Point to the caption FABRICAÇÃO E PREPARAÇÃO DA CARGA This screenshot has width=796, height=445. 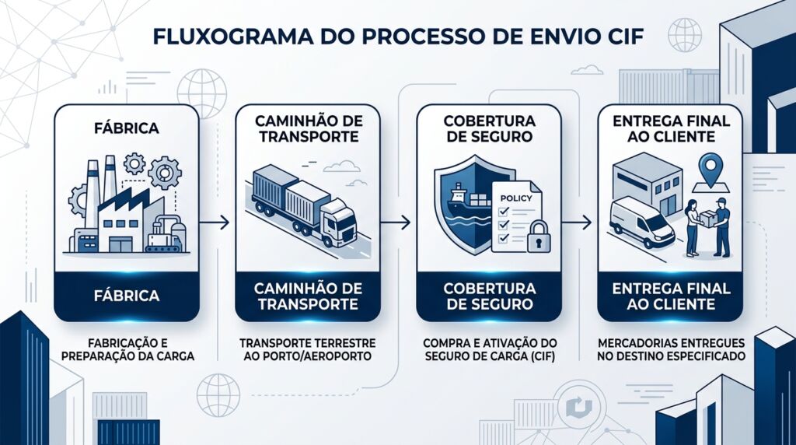click(126, 349)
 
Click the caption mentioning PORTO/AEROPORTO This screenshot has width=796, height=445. click(307, 349)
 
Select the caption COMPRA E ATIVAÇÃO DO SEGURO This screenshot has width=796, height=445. click(487, 349)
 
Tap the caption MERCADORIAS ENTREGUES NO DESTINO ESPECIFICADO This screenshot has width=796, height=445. click(669, 349)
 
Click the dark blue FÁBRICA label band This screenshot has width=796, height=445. click(126, 296)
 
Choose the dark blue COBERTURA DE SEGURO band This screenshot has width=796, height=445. click(488, 296)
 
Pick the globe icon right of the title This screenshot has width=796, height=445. click(683, 34)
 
